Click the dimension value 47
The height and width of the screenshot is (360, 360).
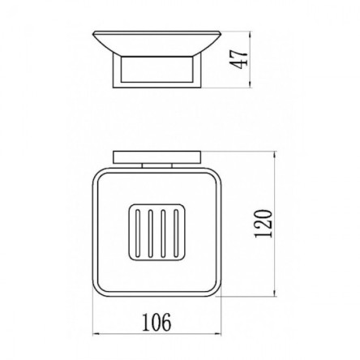pos(238,59)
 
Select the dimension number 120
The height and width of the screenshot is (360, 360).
pos(263,224)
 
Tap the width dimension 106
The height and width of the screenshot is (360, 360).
pos(156,323)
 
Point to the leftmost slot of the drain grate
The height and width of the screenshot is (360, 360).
pos(138,233)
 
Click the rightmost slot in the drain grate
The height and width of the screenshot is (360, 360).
pos(176,233)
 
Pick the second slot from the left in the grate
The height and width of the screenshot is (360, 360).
pos(151,233)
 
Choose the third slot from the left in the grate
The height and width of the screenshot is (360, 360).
pos(163,233)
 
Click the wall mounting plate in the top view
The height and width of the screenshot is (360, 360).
pos(157,157)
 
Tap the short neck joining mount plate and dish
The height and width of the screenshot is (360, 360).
pos(157,166)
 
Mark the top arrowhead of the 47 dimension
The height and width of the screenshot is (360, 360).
pos(251,34)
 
